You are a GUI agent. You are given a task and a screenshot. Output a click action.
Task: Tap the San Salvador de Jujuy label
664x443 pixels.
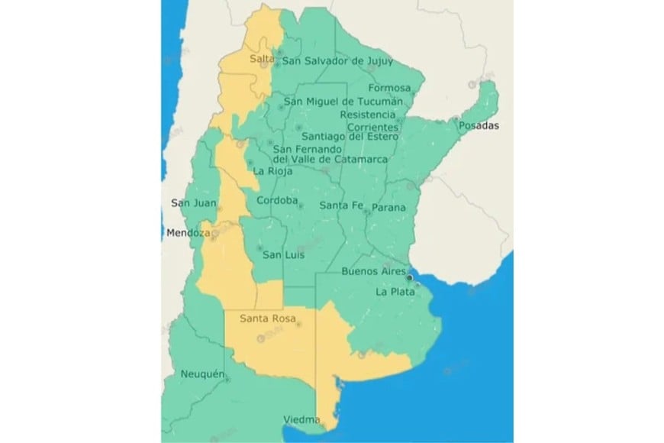click(x=336, y=61)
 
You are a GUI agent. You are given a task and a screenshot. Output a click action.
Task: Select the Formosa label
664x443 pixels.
click(x=389, y=88)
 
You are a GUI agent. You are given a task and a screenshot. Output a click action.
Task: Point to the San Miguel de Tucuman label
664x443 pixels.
click(x=343, y=102)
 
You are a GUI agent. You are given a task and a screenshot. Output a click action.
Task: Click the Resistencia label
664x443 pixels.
click(x=369, y=115)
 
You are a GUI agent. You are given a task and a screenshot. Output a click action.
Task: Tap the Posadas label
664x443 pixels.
click(x=479, y=126)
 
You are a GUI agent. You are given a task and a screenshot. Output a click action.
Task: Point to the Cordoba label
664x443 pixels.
click(x=277, y=201)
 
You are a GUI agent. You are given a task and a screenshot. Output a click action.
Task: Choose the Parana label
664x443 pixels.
click(x=388, y=207)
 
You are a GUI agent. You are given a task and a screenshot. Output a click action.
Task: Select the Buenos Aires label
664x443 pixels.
click(x=372, y=272)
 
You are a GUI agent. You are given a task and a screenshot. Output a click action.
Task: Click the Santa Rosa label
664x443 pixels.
click(x=267, y=319)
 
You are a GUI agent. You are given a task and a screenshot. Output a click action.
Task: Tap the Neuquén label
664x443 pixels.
click(x=203, y=374)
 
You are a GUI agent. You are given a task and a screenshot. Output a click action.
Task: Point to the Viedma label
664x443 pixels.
click(x=301, y=420)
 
